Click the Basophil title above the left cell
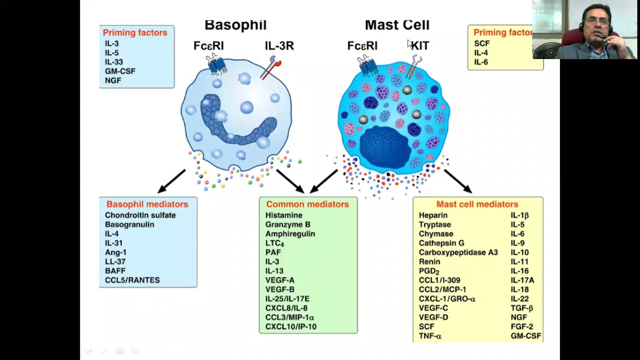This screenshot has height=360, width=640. tap(235, 25)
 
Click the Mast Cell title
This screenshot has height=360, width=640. tap(397, 25)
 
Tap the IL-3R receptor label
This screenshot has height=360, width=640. tap(279, 46)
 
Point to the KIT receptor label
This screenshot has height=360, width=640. tap(420, 46)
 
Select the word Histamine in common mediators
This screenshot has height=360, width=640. tap(283, 215)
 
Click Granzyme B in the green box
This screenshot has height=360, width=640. tap(287, 224)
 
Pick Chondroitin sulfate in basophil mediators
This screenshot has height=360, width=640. tap(140, 215)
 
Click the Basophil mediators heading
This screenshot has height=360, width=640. tap(147, 204)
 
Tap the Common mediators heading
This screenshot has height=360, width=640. tap(307, 204)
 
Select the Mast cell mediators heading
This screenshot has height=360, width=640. tap(477, 204)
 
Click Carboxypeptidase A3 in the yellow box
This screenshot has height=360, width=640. tap(458, 252)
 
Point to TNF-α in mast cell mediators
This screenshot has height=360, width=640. tap(430, 336)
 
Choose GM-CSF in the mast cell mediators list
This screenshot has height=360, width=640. tap(525, 336)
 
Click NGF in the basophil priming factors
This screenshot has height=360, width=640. tap(113, 80)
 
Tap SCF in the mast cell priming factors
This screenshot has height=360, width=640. tap(481, 43)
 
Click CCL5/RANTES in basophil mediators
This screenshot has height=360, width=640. tap(132, 280)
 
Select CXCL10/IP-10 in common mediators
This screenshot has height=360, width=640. tap(290, 326)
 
